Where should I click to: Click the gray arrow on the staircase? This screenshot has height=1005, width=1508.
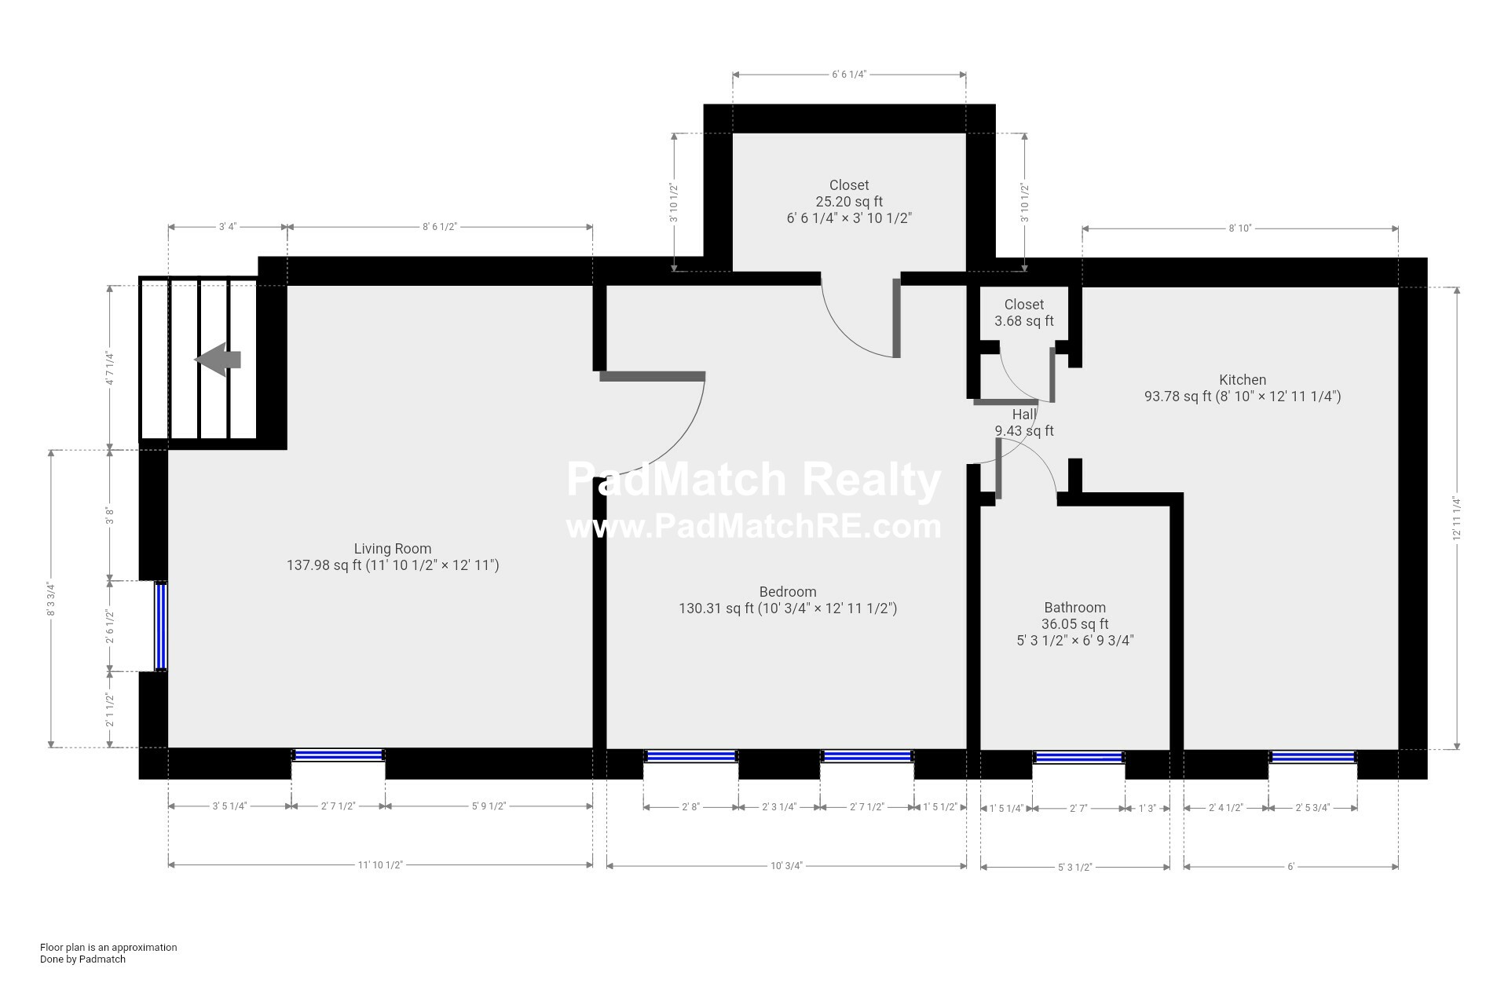[x=218, y=360]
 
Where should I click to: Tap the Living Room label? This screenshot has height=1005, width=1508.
[x=393, y=549]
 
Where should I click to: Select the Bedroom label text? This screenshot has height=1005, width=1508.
[x=788, y=592]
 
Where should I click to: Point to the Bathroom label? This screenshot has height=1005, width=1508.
[x=1074, y=608]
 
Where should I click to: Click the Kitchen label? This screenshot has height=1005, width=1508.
[x=1243, y=380]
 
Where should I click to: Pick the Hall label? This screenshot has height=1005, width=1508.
[x=1024, y=415]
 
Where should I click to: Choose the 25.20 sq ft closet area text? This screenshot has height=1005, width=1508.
[x=849, y=202]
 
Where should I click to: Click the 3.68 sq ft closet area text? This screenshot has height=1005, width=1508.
[x=1024, y=321]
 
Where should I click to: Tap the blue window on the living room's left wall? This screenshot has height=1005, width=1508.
[x=160, y=626]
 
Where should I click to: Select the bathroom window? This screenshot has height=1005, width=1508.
[x=1078, y=757]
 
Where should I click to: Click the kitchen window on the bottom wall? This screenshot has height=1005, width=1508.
[x=1313, y=757]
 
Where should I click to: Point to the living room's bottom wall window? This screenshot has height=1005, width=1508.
[x=339, y=755]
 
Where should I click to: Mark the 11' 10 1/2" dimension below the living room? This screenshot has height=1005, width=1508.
[x=380, y=864]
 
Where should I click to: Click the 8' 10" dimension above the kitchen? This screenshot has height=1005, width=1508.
[x=1239, y=228]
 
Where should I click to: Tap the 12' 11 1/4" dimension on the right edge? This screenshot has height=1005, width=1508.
[x=1457, y=518]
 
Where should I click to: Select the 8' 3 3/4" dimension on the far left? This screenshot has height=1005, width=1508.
[x=52, y=599]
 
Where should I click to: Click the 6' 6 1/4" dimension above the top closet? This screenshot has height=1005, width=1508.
[x=849, y=75]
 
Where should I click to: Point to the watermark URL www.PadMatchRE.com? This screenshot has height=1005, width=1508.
[x=754, y=526]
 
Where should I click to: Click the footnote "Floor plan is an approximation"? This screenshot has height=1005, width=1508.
[x=108, y=947]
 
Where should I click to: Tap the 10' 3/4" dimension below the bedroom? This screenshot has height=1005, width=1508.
[x=786, y=866]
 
